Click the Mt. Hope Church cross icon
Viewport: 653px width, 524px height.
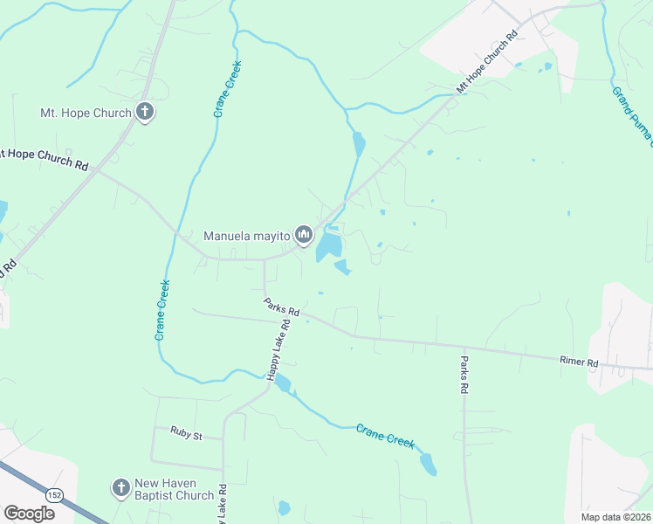point(145,112)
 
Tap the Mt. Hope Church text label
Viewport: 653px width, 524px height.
point(86,113)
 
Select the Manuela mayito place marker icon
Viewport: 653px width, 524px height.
point(304,234)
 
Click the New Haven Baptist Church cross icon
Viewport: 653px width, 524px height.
point(120,489)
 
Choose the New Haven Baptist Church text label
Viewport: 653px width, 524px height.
point(174,489)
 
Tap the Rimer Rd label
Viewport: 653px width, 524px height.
point(579,361)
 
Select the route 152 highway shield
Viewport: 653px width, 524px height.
point(55,493)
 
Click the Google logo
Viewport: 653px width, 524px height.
point(29,513)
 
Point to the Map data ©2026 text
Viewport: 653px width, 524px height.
point(615,516)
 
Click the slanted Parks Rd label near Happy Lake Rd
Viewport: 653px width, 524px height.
point(282,307)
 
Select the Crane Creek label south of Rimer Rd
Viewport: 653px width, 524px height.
point(384,435)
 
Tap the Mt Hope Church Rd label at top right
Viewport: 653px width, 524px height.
point(487,62)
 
